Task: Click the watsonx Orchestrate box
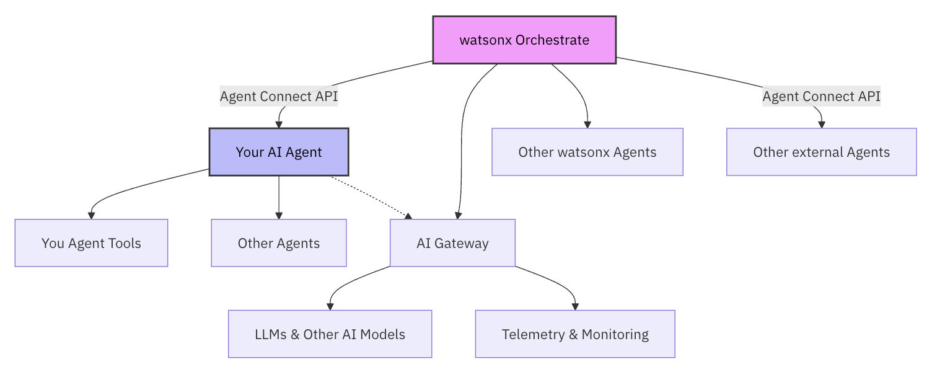click(524, 40)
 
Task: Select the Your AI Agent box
click(279, 152)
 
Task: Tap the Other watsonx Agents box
click(587, 152)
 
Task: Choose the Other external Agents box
click(821, 152)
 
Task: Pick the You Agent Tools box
click(91, 243)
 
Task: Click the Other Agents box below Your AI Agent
click(279, 243)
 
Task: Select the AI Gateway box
click(453, 243)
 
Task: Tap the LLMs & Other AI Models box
click(330, 334)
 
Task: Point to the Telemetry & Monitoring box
click(575, 334)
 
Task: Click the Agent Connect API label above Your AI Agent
click(279, 96)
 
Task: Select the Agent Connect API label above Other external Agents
click(821, 96)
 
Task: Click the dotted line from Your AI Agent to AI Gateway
click(371, 197)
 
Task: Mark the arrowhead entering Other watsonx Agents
click(587, 125)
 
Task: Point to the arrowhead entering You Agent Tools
click(91, 216)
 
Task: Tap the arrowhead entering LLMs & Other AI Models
click(330, 307)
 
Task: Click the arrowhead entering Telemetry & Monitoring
click(575, 307)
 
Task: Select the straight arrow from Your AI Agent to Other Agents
click(279, 198)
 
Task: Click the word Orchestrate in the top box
click(552, 40)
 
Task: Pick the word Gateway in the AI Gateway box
click(462, 244)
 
